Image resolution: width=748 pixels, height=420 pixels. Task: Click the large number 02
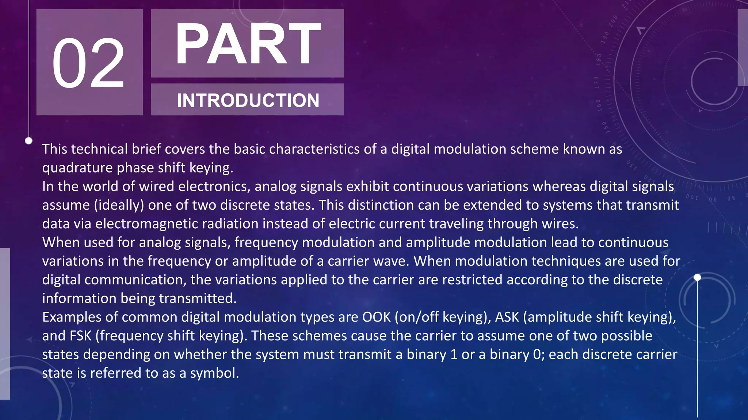(x=89, y=63)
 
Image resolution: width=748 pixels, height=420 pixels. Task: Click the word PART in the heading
(x=248, y=44)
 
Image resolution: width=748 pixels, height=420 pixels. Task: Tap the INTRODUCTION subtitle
(x=248, y=100)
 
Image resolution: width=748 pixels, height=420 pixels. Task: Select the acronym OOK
(x=376, y=317)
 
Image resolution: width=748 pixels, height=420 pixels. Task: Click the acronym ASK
(x=507, y=317)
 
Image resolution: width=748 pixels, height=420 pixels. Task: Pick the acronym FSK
(x=80, y=336)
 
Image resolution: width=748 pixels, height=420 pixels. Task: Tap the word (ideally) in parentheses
(x=119, y=205)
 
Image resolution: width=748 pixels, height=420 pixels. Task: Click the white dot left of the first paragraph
(x=29, y=141)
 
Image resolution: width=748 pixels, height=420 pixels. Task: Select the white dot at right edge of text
(x=697, y=277)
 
